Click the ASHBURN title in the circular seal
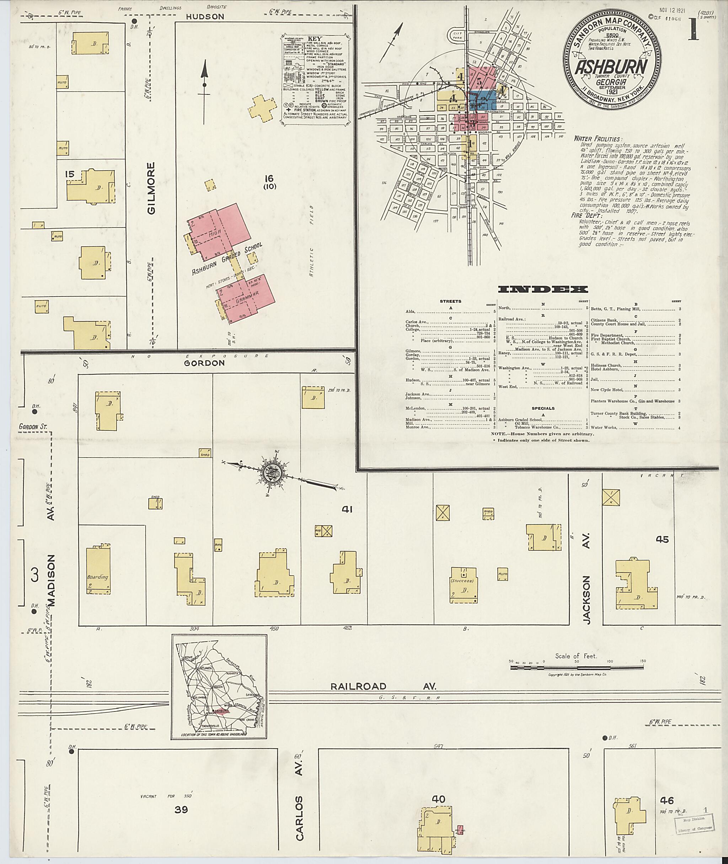pos(611,66)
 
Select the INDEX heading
pos(543,289)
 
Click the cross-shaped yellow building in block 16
pos(262,107)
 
